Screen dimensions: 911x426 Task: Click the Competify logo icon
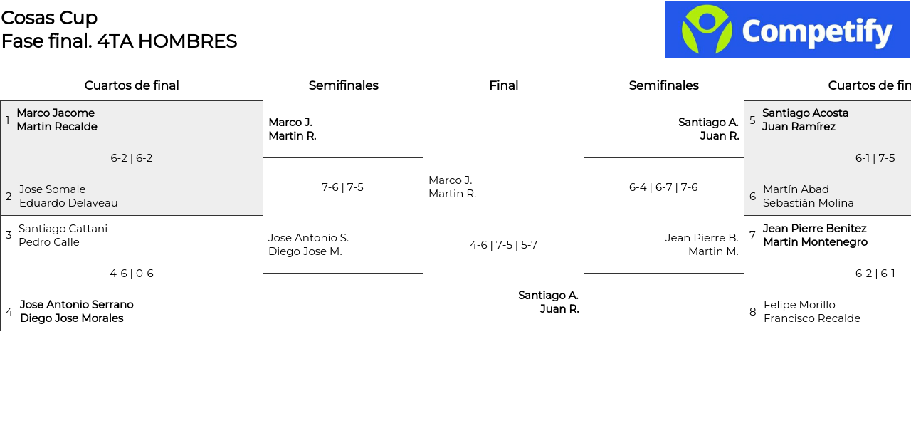(x=707, y=29)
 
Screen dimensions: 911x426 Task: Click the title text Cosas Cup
(x=49, y=18)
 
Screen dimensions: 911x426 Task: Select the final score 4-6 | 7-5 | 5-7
(x=503, y=245)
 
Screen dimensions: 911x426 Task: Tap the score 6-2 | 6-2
(x=132, y=158)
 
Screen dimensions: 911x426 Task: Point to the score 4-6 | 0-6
(x=132, y=274)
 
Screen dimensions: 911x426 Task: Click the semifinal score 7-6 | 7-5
(x=342, y=187)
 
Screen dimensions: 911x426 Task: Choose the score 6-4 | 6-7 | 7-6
(x=663, y=187)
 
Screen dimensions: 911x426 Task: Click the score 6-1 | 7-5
(x=875, y=158)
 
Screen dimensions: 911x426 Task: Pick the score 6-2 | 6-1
(x=875, y=274)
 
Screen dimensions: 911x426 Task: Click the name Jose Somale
(x=53, y=189)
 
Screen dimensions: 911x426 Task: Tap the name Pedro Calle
(x=49, y=242)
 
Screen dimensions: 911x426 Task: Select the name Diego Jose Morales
(x=72, y=318)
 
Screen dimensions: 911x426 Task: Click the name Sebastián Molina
(x=808, y=203)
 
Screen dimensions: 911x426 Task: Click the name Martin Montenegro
(x=816, y=242)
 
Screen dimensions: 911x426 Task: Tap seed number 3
(x=9, y=235)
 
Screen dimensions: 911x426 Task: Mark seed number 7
(x=752, y=235)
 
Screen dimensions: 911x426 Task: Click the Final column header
(x=503, y=85)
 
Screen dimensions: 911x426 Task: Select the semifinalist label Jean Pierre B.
(x=702, y=238)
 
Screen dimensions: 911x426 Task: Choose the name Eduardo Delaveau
(x=68, y=203)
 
